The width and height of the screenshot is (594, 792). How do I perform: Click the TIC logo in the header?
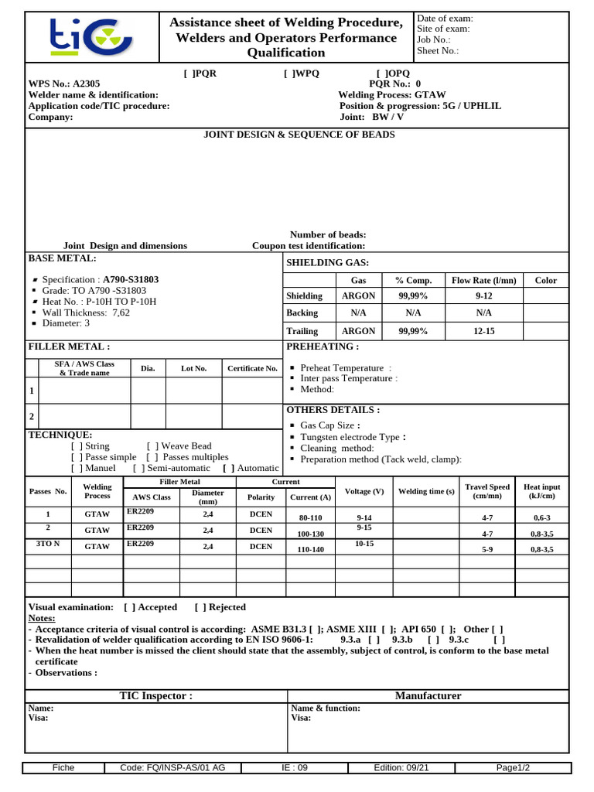point(91,37)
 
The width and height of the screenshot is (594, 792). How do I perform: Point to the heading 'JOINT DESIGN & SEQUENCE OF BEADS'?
point(299,135)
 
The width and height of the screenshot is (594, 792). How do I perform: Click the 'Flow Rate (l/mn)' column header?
point(483,281)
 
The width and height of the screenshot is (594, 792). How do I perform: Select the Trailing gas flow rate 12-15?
point(483,331)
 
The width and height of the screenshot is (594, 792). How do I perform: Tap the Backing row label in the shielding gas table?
point(302,313)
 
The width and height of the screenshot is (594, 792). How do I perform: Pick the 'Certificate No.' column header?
point(252,369)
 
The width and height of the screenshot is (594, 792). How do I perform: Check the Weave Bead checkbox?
point(152,446)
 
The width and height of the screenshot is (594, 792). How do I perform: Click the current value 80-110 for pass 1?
point(309,517)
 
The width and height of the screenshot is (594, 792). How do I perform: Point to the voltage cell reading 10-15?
point(364,544)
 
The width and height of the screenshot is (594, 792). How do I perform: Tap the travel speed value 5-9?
point(487,549)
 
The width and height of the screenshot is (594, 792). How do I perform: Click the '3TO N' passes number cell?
point(49,544)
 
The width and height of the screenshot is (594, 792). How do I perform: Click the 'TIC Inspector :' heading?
point(155,696)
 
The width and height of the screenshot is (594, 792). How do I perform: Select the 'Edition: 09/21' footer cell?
point(401,768)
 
